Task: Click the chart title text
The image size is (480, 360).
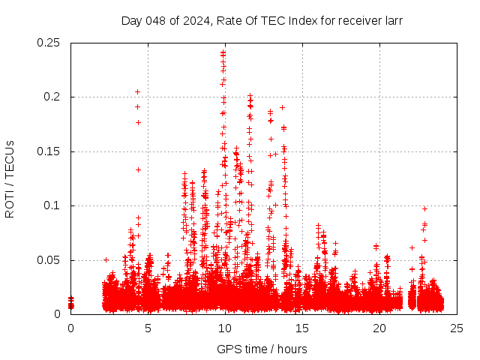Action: click(x=262, y=21)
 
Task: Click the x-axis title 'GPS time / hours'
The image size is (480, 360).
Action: click(x=262, y=349)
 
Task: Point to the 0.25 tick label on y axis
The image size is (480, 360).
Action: click(x=49, y=43)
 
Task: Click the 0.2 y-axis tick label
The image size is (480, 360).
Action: click(x=53, y=97)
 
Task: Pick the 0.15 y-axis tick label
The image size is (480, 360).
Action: click(x=49, y=151)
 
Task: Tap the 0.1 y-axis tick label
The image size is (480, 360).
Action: click(x=53, y=205)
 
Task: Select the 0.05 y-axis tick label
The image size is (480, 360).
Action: click(x=49, y=260)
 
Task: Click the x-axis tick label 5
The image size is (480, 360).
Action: click(x=148, y=328)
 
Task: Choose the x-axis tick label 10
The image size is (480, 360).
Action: click(x=225, y=328)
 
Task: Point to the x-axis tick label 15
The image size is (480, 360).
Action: click(x=302, y=328)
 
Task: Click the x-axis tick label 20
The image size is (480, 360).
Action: click(x=379, y=328)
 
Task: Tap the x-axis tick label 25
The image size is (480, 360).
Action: click(x=457, y=328)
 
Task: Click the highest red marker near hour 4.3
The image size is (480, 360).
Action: click(x=137, y=91)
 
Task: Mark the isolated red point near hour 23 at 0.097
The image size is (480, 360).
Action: click(x=424, y=208)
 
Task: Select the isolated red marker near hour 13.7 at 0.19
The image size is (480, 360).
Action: click(x=282, y=107)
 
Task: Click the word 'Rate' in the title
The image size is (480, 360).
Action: click(x=228, y=21)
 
